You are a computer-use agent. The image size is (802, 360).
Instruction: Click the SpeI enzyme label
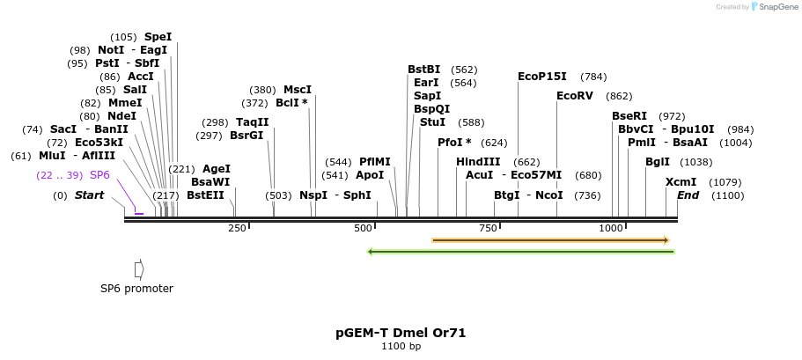pyautogui.click(x=158, y=37)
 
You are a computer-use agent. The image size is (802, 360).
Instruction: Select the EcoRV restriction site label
pyautogui.click(x=575, y=96)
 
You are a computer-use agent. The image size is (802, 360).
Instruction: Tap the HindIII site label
pyautogui.click(x=478, y=162)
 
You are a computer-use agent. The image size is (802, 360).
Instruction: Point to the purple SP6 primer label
pyautogui.click(x=99, y=175)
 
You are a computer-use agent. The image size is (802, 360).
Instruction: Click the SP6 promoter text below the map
pyautogui.click(x=136, y=289)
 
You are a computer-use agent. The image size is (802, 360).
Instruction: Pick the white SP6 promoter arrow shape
pyautogui.click(x=139, y=269)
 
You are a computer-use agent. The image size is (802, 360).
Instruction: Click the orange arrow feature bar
pyautogui.click(x=550, y=240)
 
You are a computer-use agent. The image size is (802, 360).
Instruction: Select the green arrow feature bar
pyautogui.click(x=521, y=252)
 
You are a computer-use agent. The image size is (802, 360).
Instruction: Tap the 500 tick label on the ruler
pyautogui.click(x=363, y=228)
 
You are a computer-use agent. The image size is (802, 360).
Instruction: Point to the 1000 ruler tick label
pyautogui.click(x=610, y=228)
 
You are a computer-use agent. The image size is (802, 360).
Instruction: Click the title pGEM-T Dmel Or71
pyautogui.click(x=401, y=333)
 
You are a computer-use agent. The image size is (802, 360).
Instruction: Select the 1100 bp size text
pyautogui.click(x=401, y=347)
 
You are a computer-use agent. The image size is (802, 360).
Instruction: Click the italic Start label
pyautogui.click(x=89, y=195)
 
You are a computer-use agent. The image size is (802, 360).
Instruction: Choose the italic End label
pyautogui.click(x=688, y=195)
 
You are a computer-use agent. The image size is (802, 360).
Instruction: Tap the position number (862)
pyautogui.click(x=619, y=96)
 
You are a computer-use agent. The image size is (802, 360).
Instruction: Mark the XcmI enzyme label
pyautogui.click(x=681, y=182)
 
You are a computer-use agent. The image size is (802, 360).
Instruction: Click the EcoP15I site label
pyautogui.click(x=542, y=77)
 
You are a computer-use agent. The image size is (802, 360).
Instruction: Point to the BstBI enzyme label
pyautogui.click(x=423, y=70)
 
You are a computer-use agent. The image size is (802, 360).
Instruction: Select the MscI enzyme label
pyautogui.click(x=297, y=90)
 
